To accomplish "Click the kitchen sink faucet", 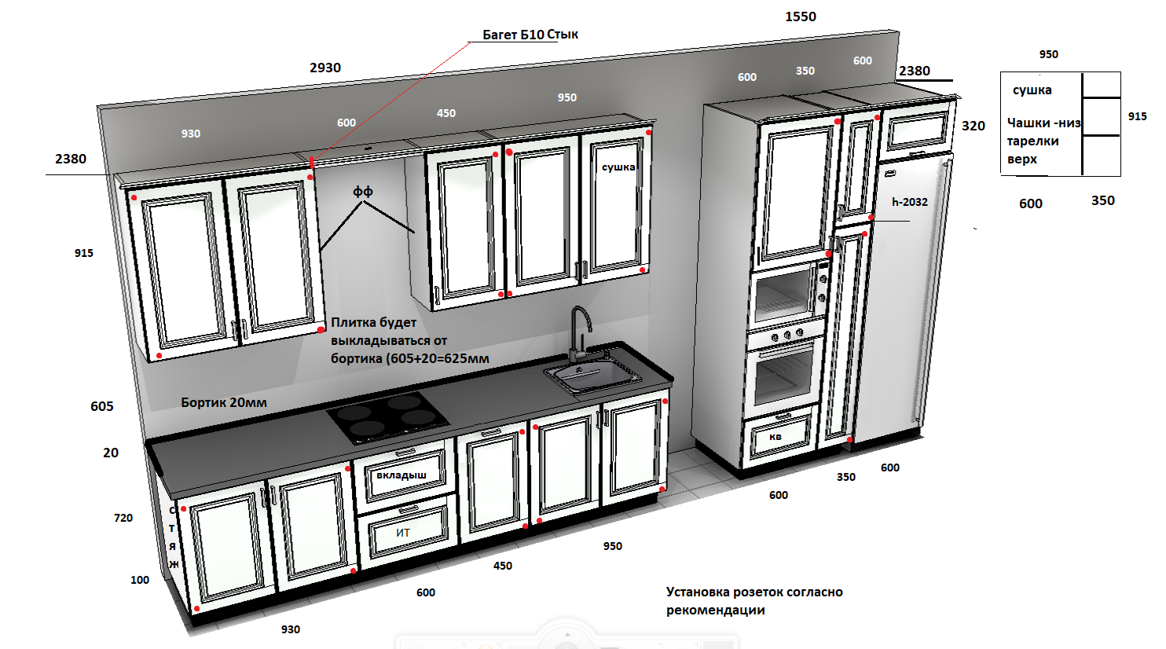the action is [x=580, y=333].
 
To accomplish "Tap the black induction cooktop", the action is [x=388, y=417].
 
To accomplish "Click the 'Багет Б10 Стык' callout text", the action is [x=530, y=35].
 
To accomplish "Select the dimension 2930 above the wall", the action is [x=325, y=68].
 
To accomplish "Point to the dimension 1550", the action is [x=801, y=16].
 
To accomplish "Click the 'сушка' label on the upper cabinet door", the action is [x=618, y=167].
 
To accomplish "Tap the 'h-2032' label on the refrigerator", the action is [x=910, y=202].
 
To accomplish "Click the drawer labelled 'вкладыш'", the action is [x=401, y=476].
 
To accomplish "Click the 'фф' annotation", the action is [x=363, y=192].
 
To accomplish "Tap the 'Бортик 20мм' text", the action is [x=224, y=402].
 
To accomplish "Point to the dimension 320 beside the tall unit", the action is [x=973, y=126].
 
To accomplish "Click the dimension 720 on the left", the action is [x=123, y=518].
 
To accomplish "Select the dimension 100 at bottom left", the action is [x=140, y=580].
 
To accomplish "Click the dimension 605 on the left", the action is [x=102, y=406].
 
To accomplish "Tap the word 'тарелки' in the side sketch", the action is [x=1032, y=141].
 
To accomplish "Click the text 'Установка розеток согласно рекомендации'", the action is [x=754, y=601].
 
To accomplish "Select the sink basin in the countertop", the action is [x=593, y=376].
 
